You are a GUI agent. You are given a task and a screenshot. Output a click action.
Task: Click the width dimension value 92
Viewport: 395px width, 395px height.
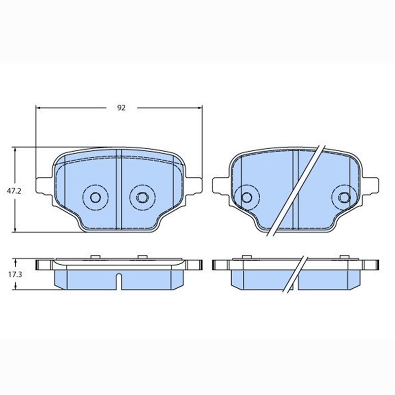click(x=121, y=108)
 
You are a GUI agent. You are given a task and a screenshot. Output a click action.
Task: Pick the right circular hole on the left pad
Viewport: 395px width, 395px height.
click(x=141, y=197)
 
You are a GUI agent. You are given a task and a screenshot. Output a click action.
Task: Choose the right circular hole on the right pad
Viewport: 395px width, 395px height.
click(x=344, y=197)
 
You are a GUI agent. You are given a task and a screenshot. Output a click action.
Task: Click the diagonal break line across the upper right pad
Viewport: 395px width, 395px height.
click(x=296, y=190)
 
